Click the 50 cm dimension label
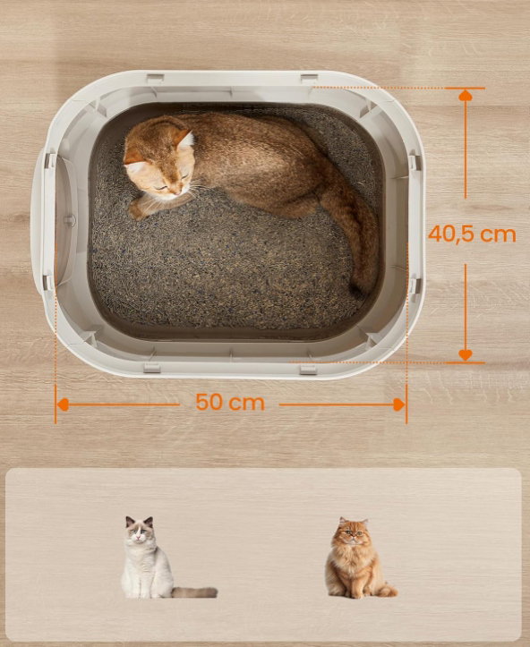tap(230, 402)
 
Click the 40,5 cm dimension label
tap(472, 234)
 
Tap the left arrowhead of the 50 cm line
tap(63, 404)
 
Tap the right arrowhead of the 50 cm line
tap(399, 404)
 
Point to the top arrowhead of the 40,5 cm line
tap(466, 96)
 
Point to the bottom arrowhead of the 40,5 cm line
tap(466, 355)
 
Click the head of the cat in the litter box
tap(159, 163)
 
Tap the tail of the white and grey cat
tap(194, 592)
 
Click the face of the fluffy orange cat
tap(353, 533)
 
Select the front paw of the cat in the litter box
tap(139, 210)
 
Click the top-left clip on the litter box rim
tap(155, 79)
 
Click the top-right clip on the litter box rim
tap(309, 79)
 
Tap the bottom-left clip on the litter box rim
tap(152, 367)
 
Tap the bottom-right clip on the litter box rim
tap(308, 369)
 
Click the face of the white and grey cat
tap(140, 532)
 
